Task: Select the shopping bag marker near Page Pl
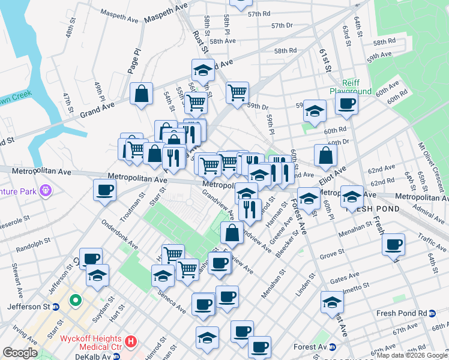(141, 94)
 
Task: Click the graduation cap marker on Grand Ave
(203, 71)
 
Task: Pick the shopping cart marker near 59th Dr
(238, 93)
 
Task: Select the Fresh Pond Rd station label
(401, 313)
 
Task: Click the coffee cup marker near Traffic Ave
(393, 244)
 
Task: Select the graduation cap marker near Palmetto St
(332, 302)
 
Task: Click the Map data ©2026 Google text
(408, 355)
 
